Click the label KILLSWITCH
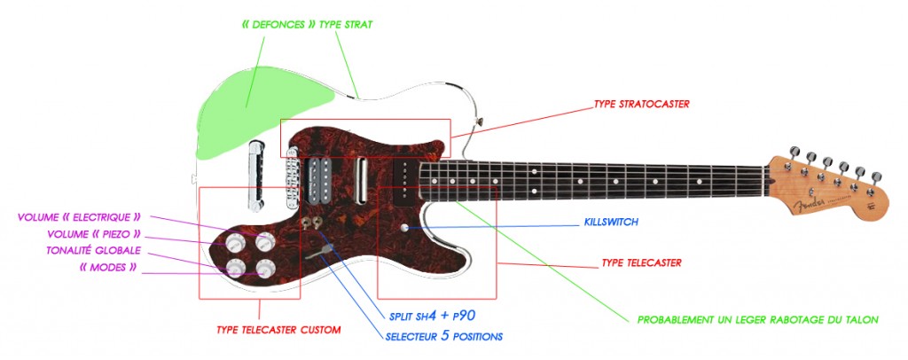tap(611, 222)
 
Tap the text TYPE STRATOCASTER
tap(642, 105)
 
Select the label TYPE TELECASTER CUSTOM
tap(278, 330)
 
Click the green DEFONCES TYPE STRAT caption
tap(306, 25)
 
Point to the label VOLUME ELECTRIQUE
tap(80, 216)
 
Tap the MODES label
tap(107, 267)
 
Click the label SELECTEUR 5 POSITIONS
tap(444, 336)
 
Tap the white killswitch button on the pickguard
tap(404, 228)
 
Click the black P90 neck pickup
tap(403, 178)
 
